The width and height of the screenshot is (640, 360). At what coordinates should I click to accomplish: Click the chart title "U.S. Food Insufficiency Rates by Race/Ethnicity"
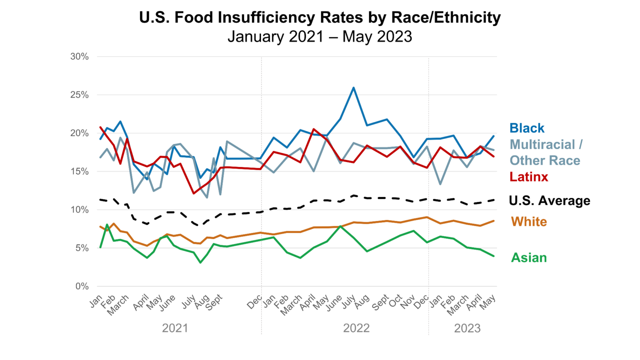tap(320, 18)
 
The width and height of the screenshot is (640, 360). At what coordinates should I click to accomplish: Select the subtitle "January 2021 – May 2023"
tap(320, 36)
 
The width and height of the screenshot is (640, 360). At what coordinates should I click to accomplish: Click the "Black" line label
tap(527, 128)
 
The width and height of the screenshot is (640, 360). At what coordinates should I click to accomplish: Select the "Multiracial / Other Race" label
tap(545, 153)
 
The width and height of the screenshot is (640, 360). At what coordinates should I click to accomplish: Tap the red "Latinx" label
tap(529, 177)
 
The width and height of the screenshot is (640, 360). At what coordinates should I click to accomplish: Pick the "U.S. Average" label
tap(549, 201)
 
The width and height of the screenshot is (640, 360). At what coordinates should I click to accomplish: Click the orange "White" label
tap(529, 221)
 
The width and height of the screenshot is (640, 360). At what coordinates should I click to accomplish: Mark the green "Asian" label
tap(529, 258)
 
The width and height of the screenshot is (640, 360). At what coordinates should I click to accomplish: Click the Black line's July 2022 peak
tap(354, 88)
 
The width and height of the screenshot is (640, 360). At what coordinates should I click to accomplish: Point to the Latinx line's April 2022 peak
tap(314, 129)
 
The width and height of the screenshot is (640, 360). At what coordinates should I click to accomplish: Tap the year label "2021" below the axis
tap(175, 328)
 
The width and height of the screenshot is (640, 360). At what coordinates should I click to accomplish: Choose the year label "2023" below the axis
tap(467, 328)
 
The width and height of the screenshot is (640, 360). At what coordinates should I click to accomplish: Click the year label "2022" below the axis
tap(356, 328)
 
